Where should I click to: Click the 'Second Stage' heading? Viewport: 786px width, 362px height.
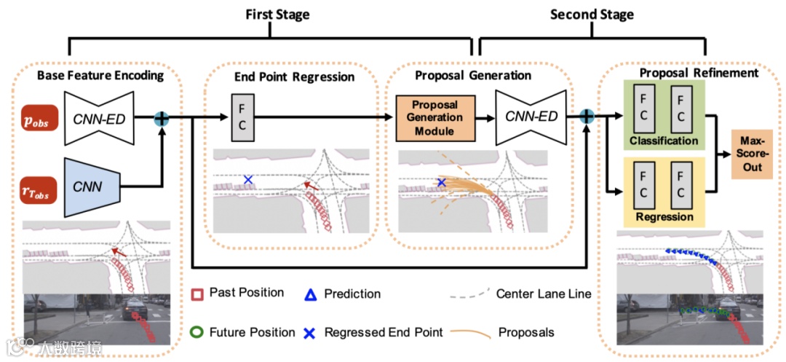591,15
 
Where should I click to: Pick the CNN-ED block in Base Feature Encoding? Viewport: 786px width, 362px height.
100,119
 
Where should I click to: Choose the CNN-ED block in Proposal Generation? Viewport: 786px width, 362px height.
531,117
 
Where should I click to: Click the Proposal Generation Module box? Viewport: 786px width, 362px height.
434,117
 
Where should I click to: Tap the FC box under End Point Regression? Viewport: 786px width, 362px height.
242,117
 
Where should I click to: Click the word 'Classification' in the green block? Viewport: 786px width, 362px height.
664,141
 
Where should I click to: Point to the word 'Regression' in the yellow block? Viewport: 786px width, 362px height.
664,217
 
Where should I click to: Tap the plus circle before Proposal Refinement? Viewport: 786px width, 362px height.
587,115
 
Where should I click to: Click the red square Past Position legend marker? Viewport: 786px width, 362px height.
195,294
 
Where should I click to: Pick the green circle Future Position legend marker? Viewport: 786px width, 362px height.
195,332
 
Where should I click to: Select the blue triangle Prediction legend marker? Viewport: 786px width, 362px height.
309,294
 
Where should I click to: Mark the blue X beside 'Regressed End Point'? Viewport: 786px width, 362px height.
309,333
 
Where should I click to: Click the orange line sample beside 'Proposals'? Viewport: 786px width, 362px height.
469,333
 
